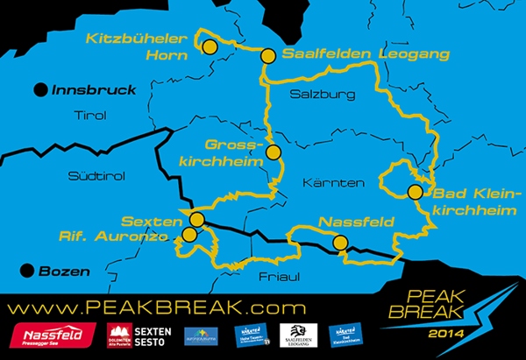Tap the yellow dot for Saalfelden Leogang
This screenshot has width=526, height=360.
tap(269, 56)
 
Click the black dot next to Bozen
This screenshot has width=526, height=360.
tap(27, 271)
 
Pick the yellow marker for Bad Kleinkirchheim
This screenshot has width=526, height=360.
tap(416, 193)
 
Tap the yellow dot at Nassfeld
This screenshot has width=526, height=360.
tap(340, 243)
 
